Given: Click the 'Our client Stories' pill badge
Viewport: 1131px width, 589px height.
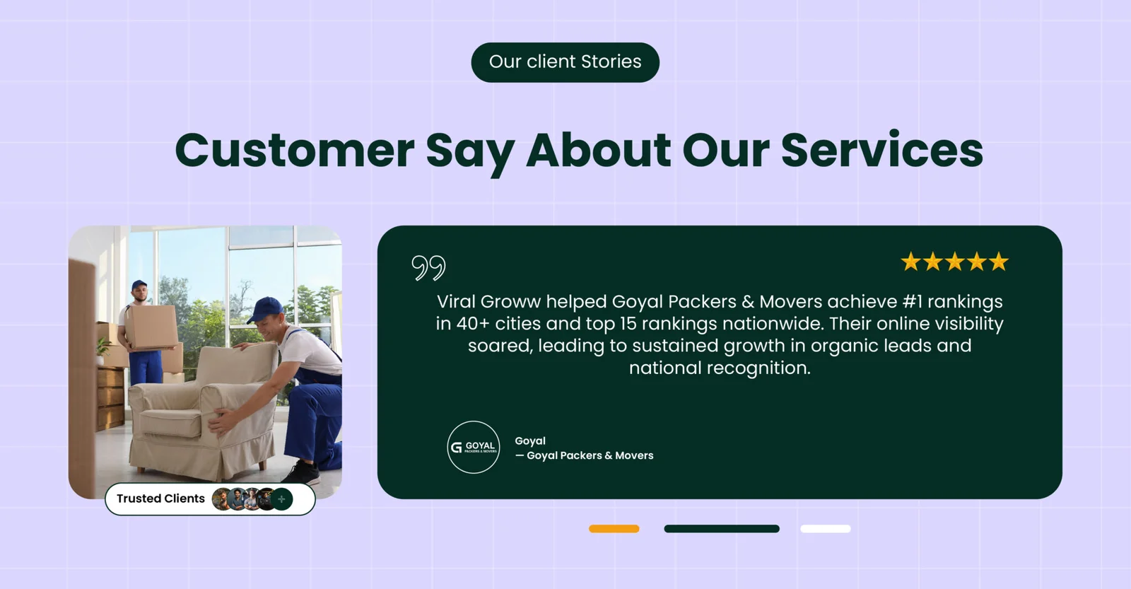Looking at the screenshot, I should pos(565,62).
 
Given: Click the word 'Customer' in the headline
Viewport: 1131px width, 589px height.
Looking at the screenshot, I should pos(294,150).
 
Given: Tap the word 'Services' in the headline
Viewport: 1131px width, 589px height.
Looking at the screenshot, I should pos(881,150).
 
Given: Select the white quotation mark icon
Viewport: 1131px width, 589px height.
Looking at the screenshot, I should pos(428,267).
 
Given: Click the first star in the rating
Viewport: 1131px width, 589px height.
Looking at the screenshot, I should pos(910,262).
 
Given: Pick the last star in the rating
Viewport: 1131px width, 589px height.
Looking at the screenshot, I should pos(999,262).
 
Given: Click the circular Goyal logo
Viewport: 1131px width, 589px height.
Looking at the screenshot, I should pos(474,447).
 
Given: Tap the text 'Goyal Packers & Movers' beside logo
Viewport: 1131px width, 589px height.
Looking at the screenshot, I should pos(590,456).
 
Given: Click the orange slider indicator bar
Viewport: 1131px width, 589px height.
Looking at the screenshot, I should pos(614,529).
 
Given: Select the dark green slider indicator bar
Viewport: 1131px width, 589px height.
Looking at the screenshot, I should pos(721,529).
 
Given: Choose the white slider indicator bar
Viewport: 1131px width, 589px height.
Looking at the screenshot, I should pos(825,529).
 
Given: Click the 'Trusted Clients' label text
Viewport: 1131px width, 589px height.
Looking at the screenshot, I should pos(160,498).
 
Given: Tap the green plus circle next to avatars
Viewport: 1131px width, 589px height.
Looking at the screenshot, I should pos(282,499).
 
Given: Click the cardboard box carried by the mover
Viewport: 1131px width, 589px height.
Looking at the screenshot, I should pos(151,327).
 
